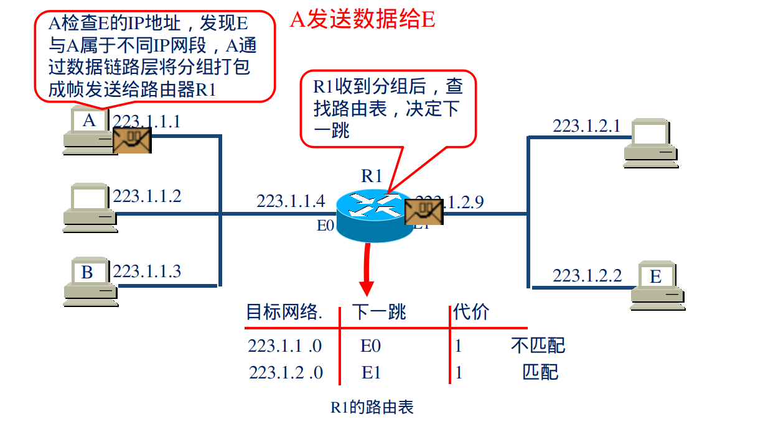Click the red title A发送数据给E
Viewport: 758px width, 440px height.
click(362, 19)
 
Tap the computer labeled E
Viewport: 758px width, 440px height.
click(657, 285)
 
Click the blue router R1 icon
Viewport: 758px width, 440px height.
click(371, 214)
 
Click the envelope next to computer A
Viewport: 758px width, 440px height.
click(132, 140)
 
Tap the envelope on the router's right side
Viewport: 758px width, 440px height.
click(424, 212)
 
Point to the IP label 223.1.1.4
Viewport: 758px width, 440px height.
click(291, 201)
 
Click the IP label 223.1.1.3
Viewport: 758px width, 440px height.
click(147, 272)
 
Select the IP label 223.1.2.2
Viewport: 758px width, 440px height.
click(587, 275)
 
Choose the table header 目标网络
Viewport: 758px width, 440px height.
click(284, 311)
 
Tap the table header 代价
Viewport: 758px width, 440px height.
click(471, 311)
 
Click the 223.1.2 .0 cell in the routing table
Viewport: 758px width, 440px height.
click(286, 372)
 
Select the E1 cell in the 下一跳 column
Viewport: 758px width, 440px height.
click(371, 372)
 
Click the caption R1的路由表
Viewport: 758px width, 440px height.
click(372, 408)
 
